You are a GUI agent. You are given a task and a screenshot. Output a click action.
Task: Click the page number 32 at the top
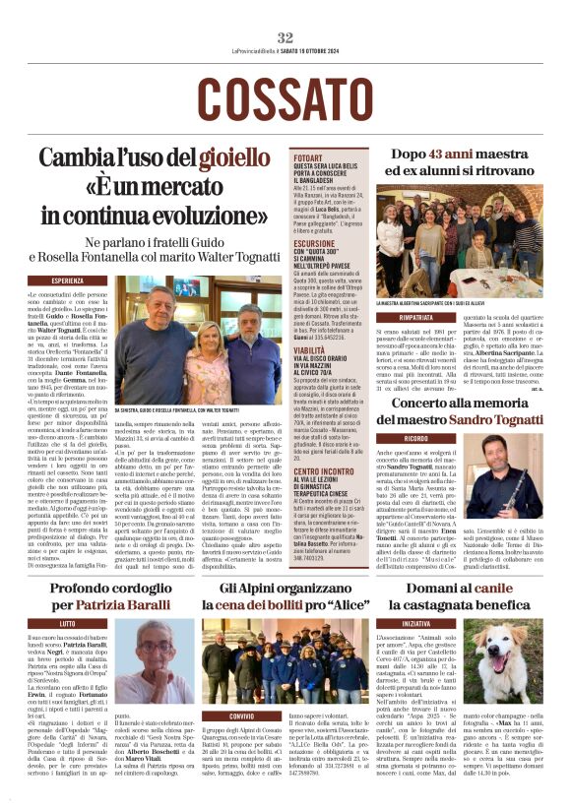[x=285, y=37]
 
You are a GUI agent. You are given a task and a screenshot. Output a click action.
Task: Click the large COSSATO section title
[x=285, y=97]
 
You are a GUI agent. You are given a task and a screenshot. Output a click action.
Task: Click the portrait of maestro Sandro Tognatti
[x=530, y=481]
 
